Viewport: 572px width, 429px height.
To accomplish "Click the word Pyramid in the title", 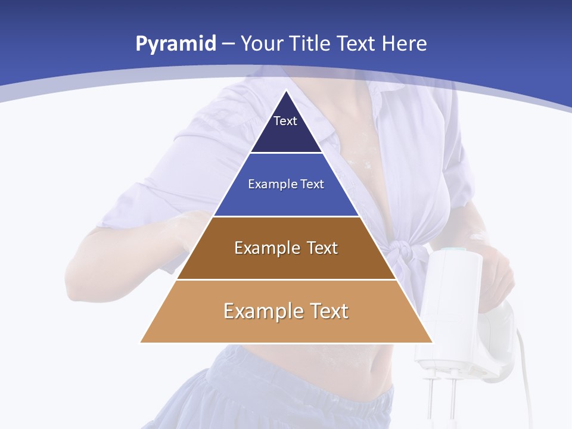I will (x=176, y=44).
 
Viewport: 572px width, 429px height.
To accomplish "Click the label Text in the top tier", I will (x=285, y=121).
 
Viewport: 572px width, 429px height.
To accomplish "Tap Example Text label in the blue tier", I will (x=286, y=184).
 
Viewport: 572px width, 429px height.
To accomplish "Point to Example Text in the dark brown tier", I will (x=286, y=248).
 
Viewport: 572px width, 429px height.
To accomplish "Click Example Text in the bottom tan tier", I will (x=286, y=311).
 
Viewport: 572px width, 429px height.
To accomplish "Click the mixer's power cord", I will (x=524, y=369).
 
